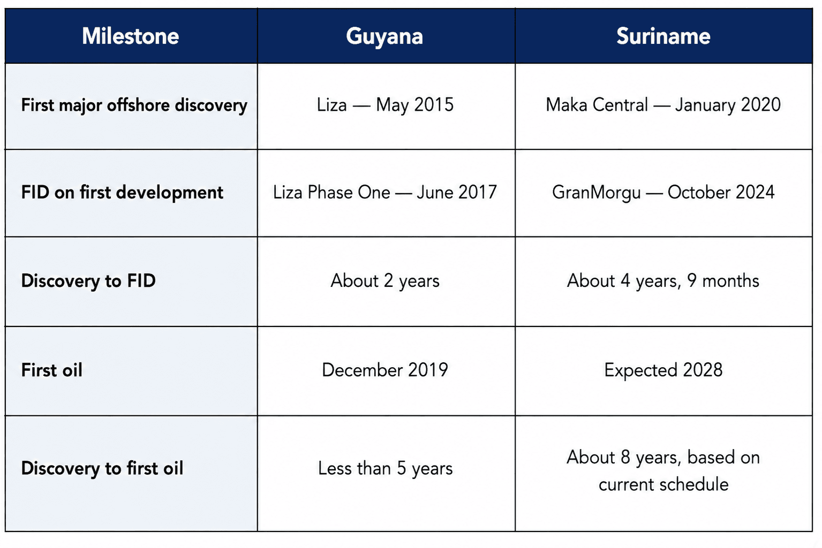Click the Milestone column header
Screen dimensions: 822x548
(130, 36)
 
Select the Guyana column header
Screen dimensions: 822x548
(384, 37)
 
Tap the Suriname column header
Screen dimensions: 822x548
(663, 36)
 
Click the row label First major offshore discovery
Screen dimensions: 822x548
(134, 105)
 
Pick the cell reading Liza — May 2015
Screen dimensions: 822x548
(386, 105)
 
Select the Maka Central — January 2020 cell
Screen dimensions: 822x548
(663, 105)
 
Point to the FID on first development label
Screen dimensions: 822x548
(122, 193)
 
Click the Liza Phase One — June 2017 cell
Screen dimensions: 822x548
(385, 193)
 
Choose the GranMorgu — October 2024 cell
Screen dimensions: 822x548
(663, 193)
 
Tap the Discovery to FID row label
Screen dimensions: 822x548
(88, 281)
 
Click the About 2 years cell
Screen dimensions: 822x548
(385, 281)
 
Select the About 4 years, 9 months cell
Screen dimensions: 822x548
(663, 281)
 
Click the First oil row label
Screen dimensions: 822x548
(52, 370)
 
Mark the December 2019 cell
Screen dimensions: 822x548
(385, 370)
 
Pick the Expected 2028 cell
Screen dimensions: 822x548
(663, 370)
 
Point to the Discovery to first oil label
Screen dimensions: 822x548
(102, 468)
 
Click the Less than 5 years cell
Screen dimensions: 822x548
(386, 469)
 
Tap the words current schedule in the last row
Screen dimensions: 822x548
(663, 484)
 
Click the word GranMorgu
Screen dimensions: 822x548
(597, 193)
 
